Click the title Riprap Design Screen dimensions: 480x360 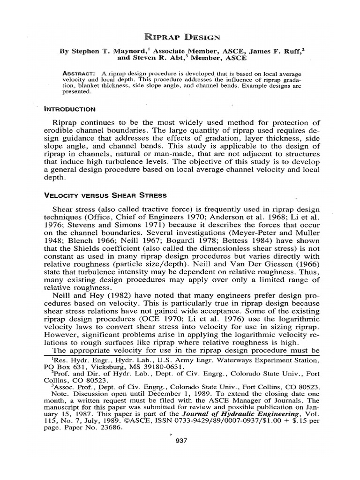(x=180, y=36)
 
